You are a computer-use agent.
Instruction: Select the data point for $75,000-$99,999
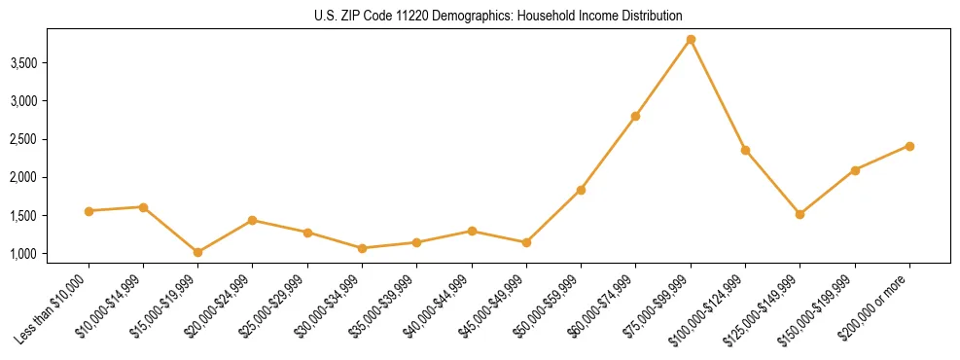(691, 40)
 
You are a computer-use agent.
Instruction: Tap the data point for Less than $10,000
(89, 211)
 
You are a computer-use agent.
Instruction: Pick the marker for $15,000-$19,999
(198, 252)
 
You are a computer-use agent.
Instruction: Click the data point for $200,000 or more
(909, 146)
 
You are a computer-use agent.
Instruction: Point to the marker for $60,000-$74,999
(636, 116)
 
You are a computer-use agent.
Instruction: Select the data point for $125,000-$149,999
(800, 214)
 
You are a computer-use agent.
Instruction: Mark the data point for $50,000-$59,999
(581, 190)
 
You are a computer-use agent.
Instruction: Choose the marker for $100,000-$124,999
(745, 150)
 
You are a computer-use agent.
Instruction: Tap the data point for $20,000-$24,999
(253, 220)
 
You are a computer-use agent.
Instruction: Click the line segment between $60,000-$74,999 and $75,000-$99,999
(663, 78)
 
